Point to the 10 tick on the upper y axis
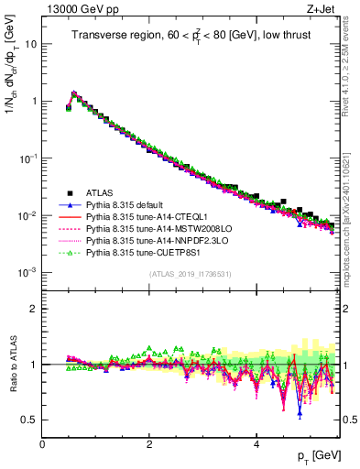coord(33,43)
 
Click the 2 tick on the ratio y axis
coord(36,309)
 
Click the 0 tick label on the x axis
coord(42,443)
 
